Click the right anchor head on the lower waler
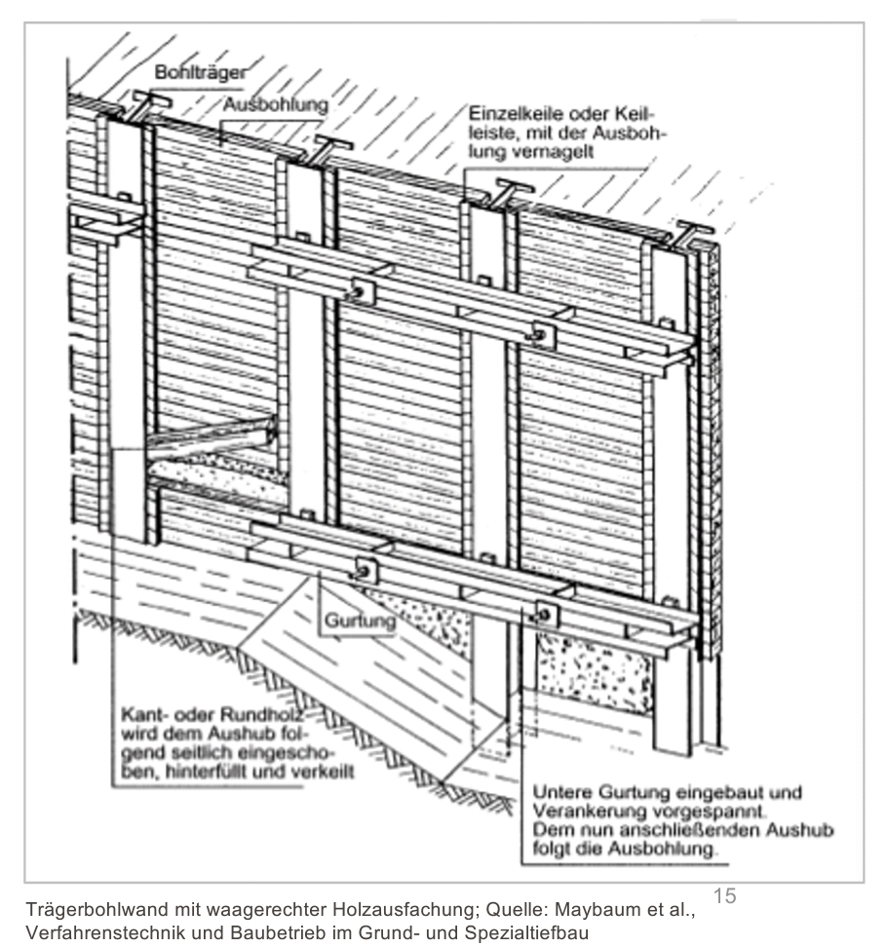(x=546, y=614)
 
